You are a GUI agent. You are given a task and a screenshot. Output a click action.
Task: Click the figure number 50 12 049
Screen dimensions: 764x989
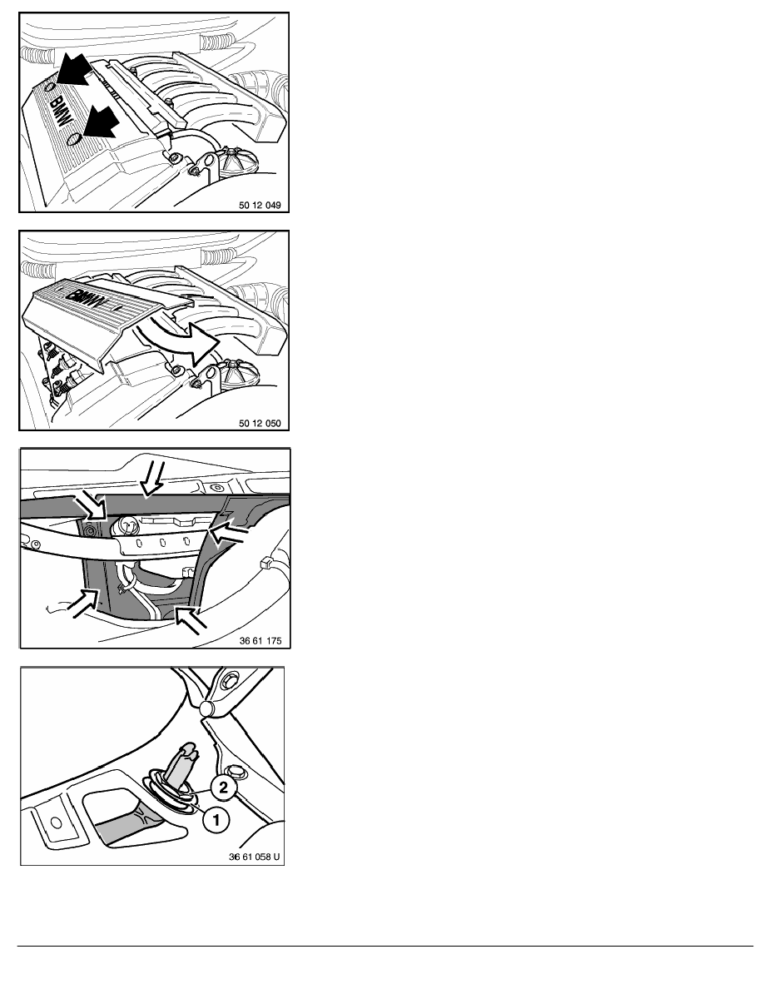pos(260,205)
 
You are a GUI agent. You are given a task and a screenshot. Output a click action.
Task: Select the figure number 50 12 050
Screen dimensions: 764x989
pos(260,423)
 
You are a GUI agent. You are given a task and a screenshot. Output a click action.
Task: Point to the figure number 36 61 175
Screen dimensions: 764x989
pos(260,641)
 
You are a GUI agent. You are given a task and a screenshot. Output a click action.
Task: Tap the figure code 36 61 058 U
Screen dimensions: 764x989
pos(254,857)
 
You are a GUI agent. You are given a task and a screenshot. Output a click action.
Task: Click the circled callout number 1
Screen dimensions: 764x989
pos(216,820)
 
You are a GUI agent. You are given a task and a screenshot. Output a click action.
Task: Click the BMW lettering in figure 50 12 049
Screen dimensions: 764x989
pos(62,112)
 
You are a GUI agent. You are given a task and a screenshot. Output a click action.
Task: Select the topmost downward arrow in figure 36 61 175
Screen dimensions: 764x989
pos(151,480)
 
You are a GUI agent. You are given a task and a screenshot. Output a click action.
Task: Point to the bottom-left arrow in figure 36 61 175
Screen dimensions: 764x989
pos(83,604)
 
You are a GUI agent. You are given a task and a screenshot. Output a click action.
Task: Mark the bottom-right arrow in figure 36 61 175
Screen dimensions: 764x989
pos(190,619)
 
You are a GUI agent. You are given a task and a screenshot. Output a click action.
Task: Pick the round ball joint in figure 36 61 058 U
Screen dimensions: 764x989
pos(208,708)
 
